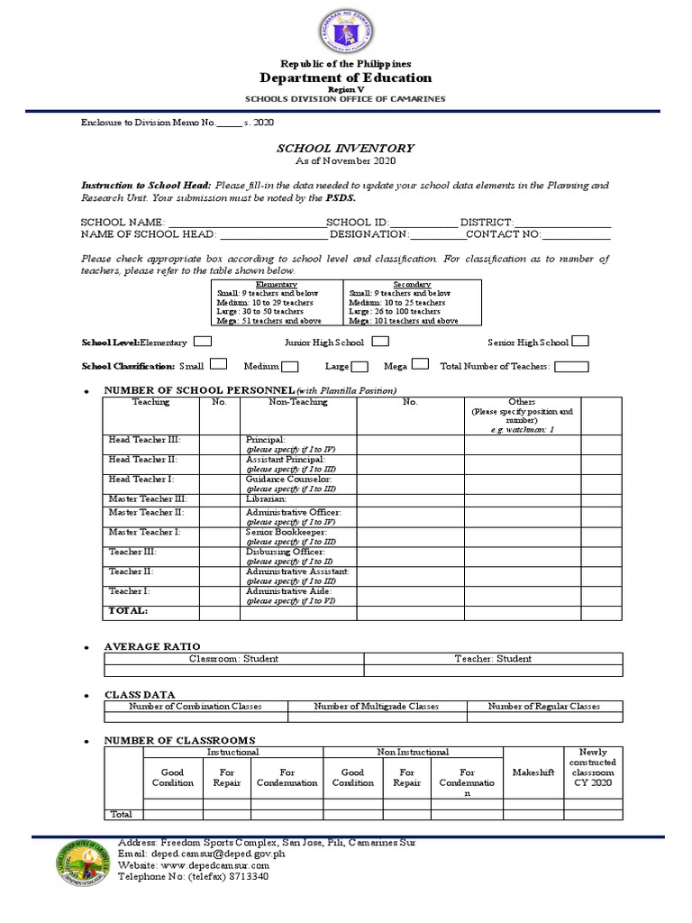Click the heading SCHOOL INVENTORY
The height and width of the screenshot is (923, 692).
point(345,148)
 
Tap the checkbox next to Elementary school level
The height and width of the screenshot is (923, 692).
point(203,342)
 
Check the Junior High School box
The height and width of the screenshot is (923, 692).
point(380,342)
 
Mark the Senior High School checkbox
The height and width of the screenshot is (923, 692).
point(580,341)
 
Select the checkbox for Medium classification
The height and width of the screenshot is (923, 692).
point(290,366)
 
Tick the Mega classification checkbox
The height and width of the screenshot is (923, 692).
point(420,366)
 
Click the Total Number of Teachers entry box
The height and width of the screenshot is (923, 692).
point(572,366)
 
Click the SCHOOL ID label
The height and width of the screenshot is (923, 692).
point(357,222)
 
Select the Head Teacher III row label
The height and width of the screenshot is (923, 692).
point(144,439)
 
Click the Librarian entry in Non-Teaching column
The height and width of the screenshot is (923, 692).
point(266,498)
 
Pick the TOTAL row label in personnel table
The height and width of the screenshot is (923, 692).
point(128,611)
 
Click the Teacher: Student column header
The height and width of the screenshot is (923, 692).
point(493,658)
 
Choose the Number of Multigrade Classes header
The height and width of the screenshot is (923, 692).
point(377,706)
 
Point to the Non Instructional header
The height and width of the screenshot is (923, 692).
point(412,752)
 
